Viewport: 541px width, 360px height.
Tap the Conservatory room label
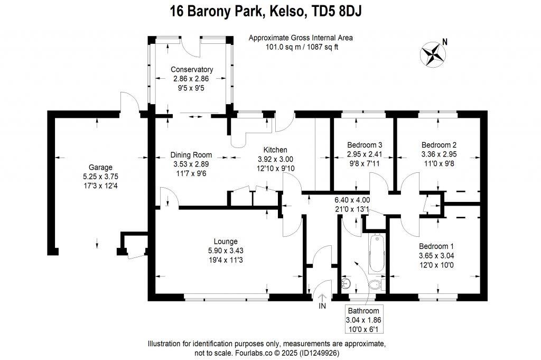point(191,69)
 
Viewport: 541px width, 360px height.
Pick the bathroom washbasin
point(346,284)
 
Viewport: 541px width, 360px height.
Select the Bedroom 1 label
point(436,246)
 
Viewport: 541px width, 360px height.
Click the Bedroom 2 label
point(439,145)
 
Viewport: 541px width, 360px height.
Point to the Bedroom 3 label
point(365,145)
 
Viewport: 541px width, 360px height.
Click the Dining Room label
point(191,155)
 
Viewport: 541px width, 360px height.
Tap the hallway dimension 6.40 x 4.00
point(352,200)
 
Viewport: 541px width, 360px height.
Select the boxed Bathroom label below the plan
point(363,311)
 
